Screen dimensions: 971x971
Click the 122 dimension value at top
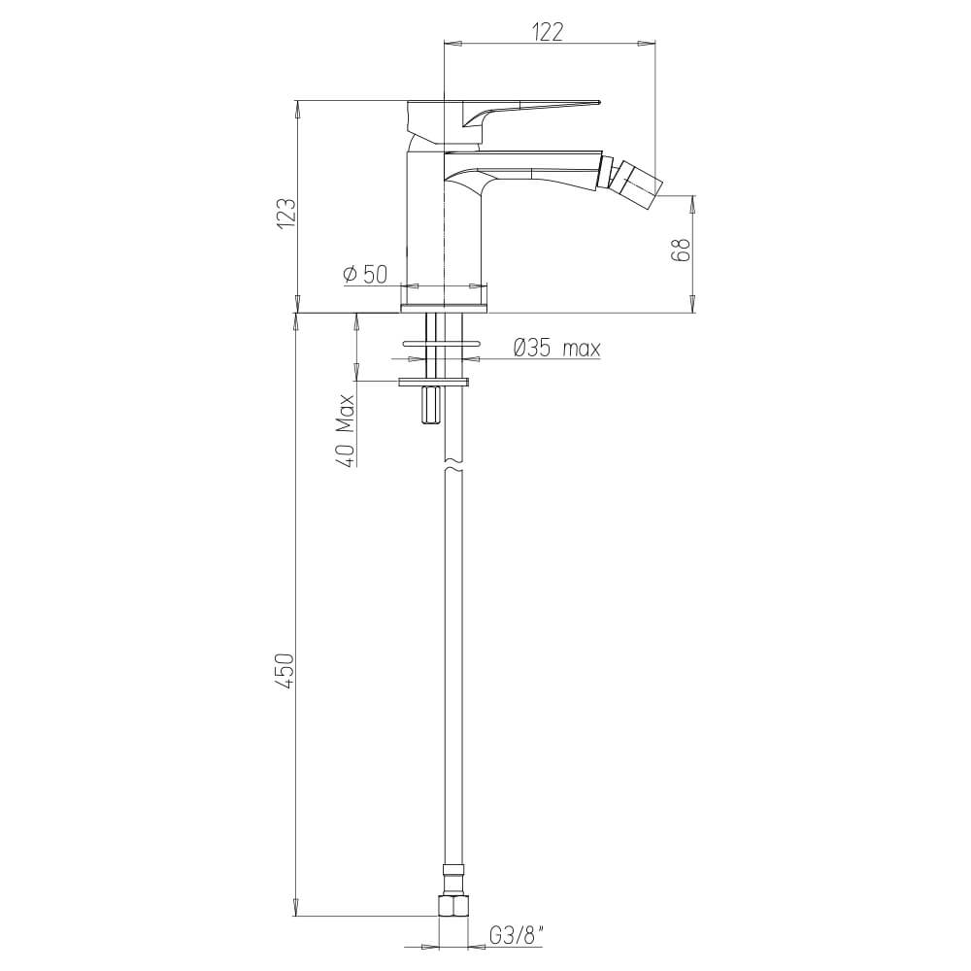pos(549,31)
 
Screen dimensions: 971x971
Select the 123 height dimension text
pos(285,212)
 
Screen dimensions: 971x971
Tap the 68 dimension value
pos(683,250)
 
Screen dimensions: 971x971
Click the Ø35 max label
pos(555,348)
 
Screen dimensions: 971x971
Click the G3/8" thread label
pos(516,937)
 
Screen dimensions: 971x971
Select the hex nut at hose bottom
pos(452,906)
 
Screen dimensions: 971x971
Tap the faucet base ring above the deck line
pos(444,308)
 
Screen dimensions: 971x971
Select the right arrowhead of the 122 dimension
pos(646,42)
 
